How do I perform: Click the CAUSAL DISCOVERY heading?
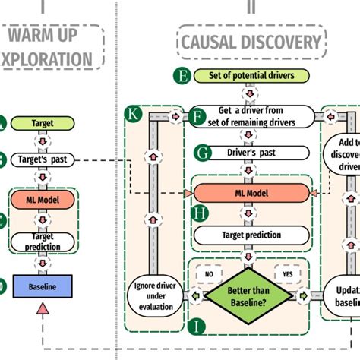(251, 41)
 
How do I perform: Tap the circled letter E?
(182, 75)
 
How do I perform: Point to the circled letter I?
(198, 327)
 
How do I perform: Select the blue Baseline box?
(42, 286)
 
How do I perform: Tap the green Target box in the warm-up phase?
(42, 122)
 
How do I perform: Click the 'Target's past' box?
(42, 159)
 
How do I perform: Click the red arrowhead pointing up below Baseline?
(43, 308)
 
